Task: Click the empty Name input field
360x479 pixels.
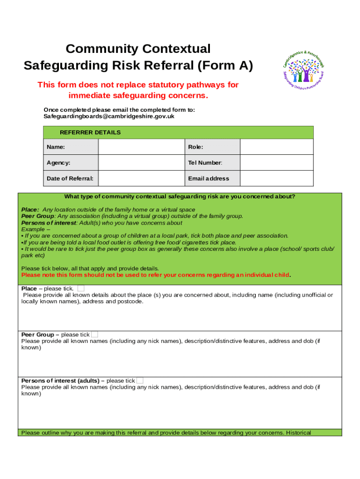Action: coord(140,147)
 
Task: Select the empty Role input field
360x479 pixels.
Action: coord(276,147)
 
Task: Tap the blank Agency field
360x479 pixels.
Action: coord(140,163)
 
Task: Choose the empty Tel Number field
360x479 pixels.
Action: coord(276,163)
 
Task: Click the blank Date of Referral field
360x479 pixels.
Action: coord(140,178)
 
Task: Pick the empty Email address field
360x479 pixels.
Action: coord(276,178)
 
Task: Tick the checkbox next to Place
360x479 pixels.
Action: coord(81,288)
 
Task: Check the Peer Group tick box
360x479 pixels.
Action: coord(94,334)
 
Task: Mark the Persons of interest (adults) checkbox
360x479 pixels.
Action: coord(140,381)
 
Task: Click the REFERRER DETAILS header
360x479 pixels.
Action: coord(90,132)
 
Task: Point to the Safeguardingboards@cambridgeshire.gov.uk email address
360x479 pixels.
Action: coord(109,116)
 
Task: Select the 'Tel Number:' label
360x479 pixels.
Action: coord(205,163)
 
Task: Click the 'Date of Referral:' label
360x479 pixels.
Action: coord(70,178)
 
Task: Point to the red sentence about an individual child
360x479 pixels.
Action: coord(156,275)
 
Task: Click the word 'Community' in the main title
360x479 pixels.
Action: coord(102,49)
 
